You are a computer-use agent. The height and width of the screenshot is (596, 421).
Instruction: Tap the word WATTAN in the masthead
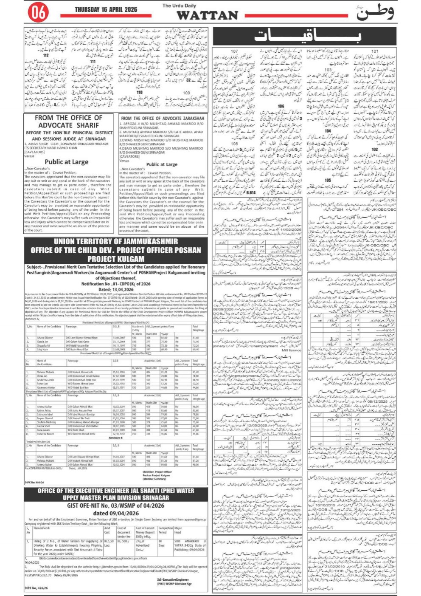[x=207, y=15]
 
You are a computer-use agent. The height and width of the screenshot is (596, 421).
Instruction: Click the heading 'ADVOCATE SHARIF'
[x=68, y=125]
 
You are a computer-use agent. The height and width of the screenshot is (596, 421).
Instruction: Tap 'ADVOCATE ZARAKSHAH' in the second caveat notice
[x=183, y=119]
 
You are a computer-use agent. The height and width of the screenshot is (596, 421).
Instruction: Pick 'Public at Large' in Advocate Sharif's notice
[x=67, y=161]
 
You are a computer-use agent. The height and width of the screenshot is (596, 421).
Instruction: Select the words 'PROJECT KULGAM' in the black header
[x=115, y=259]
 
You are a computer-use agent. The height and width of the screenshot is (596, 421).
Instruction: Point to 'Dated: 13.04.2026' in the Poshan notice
[x=116, y=289]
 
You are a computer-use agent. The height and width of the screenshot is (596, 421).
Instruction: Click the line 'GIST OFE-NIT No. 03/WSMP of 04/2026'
[x=115, y=506]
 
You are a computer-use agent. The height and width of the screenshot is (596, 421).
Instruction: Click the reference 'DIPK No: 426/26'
[x=36, y=588]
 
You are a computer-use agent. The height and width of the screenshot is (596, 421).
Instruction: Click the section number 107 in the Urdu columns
[x=234, y=51]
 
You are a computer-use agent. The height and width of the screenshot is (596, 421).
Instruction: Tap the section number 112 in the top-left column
[x=46, y=55]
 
